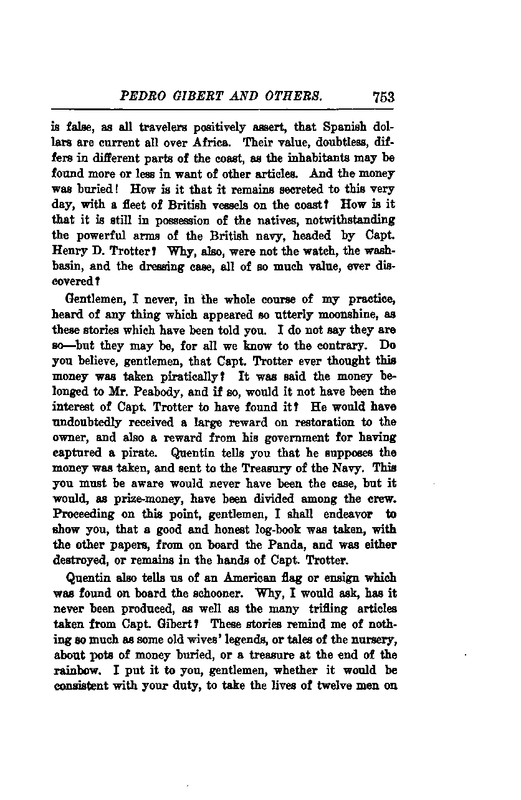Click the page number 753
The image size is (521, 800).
pyautogui.click(x=383, y=97)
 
